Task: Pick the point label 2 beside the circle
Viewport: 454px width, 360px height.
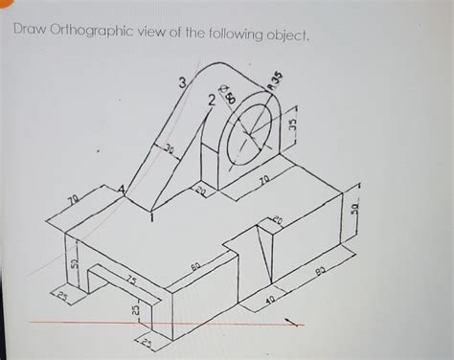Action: pyautogui.click(x=210, y=101)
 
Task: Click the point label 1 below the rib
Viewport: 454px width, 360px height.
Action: pyautogui.click(x=150, y=218)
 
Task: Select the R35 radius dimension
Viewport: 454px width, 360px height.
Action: pyautogui.click(x=275, y=80)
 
